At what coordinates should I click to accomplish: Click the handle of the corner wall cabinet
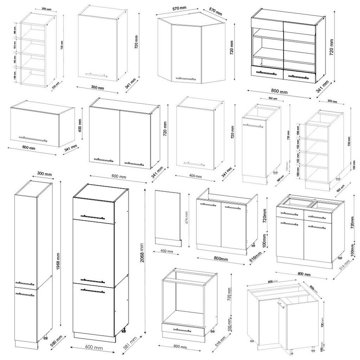[185, 79]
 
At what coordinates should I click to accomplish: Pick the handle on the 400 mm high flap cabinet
[33, 139]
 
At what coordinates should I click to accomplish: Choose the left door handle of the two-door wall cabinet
[104, 160]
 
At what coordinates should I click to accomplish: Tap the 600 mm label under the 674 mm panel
[167, 251]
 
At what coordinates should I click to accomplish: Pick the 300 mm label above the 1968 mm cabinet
[44, 174]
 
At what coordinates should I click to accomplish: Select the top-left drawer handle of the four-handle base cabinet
[289, 214]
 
